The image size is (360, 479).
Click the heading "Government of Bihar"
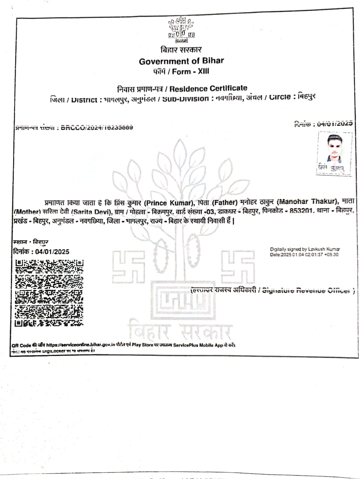click(181, 61)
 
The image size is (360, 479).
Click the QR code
click(49, 293)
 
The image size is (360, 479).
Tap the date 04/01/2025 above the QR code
click(52, 252)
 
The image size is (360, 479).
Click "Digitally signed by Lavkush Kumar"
click(305, 249)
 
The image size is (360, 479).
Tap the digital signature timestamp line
click(304, 255)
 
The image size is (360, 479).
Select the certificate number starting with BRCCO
click(97, 127)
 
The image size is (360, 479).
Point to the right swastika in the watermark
click(238, 267)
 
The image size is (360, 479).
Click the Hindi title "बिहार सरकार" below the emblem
click(181, 49)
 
